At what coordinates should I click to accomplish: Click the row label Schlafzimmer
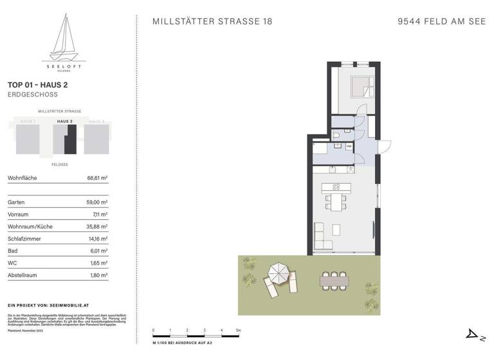[x=24, y=239]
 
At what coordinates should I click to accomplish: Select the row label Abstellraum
[x=22, y=275]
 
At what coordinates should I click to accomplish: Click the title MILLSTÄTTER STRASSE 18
[x=212, y=21]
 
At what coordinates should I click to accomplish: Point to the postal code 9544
[x=410, y=21]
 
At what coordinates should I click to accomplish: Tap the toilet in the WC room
[x=337, y=136]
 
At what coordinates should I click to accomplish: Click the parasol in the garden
[x=279, y=273]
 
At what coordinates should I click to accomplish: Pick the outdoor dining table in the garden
[x=333, y=280]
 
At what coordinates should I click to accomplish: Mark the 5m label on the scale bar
[x=238, y=330]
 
